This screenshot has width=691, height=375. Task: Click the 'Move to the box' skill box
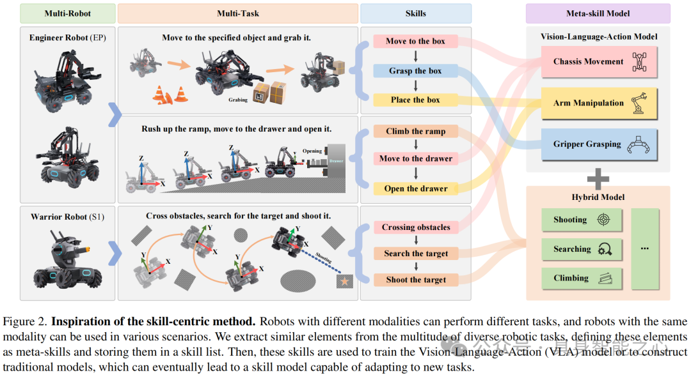pos(415,42)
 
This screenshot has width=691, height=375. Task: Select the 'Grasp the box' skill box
pos(415,71)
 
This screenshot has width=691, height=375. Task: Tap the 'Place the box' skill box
pos(415,100)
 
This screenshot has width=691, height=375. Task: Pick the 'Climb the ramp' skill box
pos(415,132)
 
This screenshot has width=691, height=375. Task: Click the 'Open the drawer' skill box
pos(415,188)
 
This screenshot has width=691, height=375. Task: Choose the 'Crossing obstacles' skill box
pos(416,227)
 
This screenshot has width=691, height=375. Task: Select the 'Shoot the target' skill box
pos(416,280)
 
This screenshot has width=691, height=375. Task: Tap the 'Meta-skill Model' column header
pos(598,13)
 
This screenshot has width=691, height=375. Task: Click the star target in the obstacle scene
pos(344,281)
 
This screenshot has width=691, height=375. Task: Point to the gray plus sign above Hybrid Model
pos(598,179)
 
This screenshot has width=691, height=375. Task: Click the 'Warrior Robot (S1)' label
pos(67,217)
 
